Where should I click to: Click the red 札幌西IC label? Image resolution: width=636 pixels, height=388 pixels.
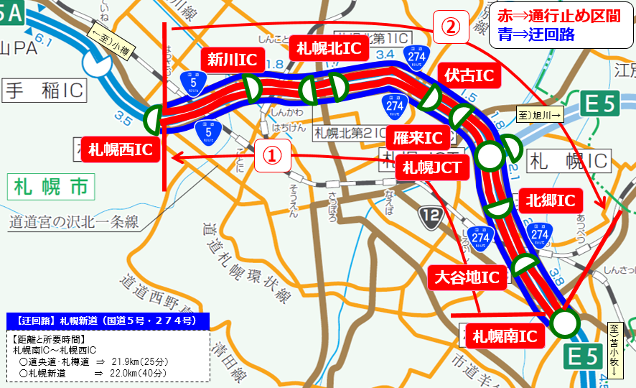[x=120, y=149]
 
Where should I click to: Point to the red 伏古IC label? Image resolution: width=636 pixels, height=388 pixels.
[x=468, y=75]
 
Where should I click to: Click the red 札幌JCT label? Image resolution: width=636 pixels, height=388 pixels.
[x=431, y=169]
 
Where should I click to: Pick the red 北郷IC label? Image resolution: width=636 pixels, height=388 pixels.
[x=551, y=200]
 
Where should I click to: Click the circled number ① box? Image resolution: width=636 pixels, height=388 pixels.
[x=271, y=155]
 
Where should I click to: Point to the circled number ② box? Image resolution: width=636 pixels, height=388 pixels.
[x=449, y=28]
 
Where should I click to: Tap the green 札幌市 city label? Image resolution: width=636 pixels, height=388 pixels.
[x=51, y=188]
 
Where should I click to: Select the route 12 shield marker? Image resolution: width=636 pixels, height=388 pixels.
[x=431, y=216]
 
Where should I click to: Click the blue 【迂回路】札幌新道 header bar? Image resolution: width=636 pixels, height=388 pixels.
[x=108, y=320]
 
